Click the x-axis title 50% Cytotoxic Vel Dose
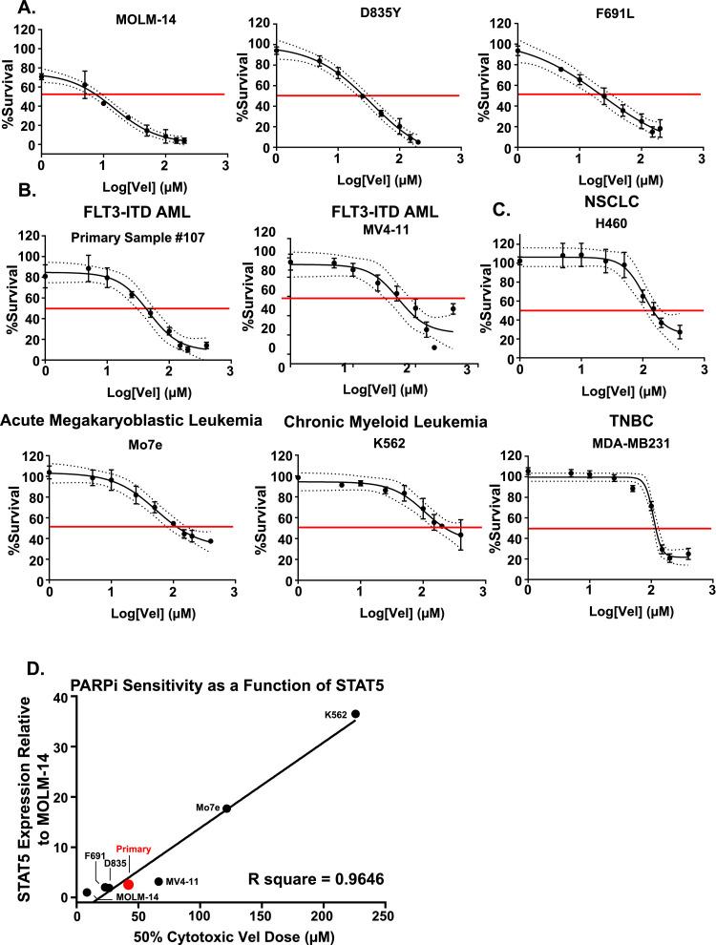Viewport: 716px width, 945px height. [x=232, y=934]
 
